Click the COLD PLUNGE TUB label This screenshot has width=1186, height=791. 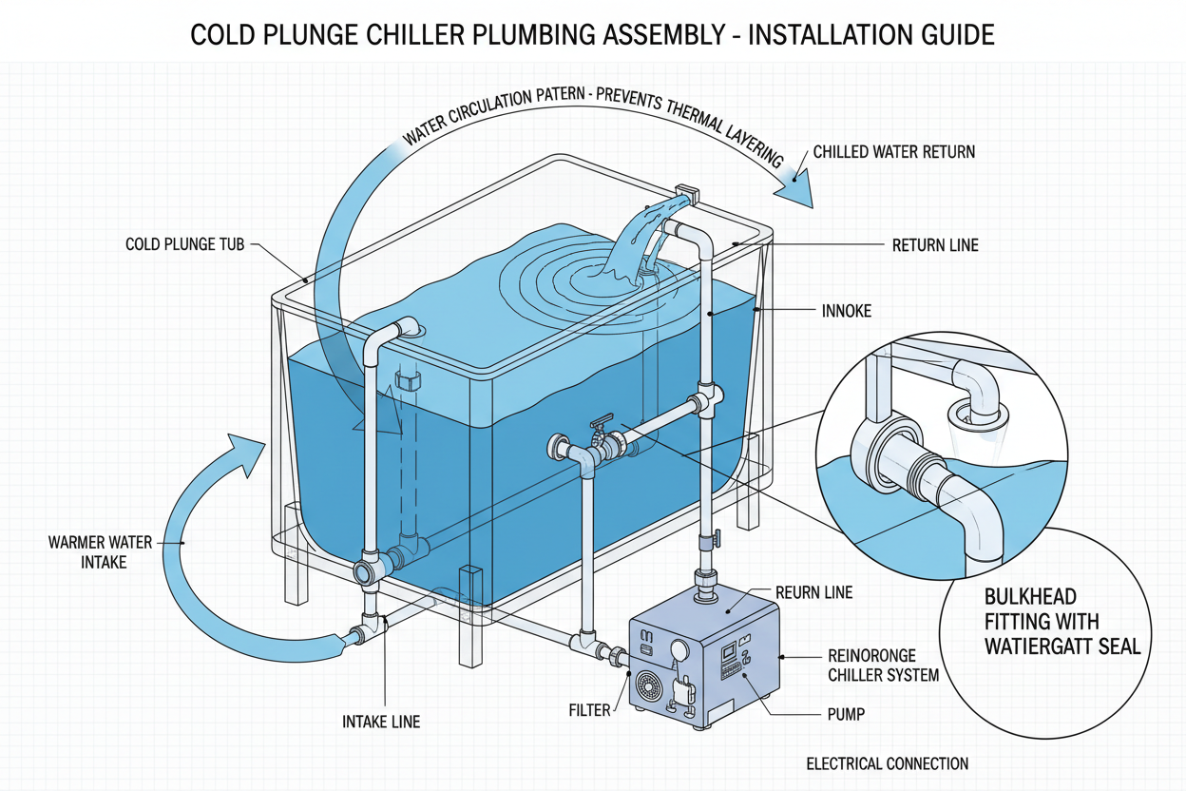click(x=185, y=244)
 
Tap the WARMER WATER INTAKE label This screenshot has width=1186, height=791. click(x=100, y=552)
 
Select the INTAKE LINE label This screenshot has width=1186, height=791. click(x=380, y=722)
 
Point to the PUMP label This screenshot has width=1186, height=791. click(x=842, y=713)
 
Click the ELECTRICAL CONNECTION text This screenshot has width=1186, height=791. click(x=887, y=763)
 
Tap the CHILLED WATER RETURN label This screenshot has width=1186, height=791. click(x=893, y=152)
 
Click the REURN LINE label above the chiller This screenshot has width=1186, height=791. click(x=814, y=592)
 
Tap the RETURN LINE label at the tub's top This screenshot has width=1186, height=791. click(x=935, y=245)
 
